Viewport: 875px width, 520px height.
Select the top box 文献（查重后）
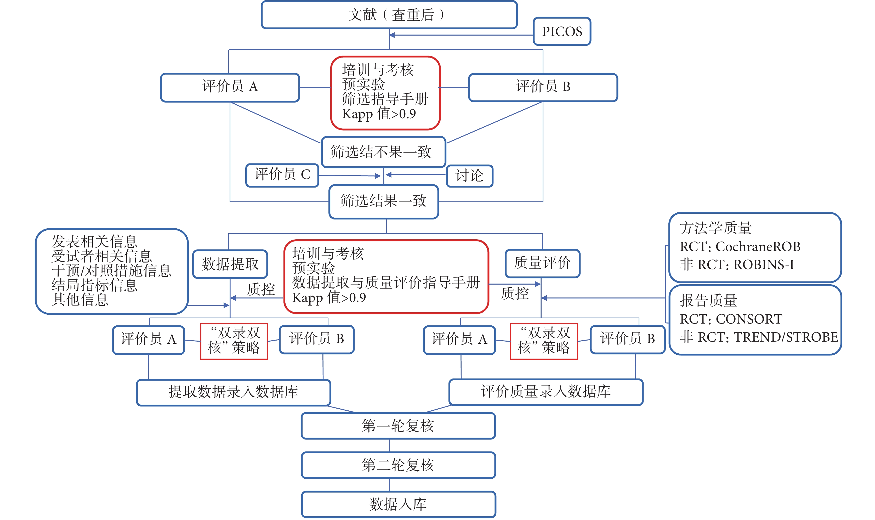pyautogui.click(x=389, y=15)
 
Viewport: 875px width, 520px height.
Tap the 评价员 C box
pyautogui.click(x=282, y=175)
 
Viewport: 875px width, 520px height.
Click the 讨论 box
pyautogui.click(x=469, y=176)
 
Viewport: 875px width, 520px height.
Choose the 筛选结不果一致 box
pyautogui.click(x=383, y=152)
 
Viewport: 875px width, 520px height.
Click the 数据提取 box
pyautogui.click(x=230, y=264)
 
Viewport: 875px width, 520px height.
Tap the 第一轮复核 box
pyautogui.click(x=398, y=426)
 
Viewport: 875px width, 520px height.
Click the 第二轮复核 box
pyautogui.click(x=398, y=465)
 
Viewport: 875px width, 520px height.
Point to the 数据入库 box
pyautogui.click(x=398, y=504)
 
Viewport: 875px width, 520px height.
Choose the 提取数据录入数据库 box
pyautogui.click(x=233, y=392)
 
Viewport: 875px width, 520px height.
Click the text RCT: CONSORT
pyautogui.click(x=731, y=319)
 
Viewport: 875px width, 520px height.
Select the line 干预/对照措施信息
pyautogui.click(x=111, y=270)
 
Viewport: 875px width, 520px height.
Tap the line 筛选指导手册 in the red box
pyautogui.click(x=385, y=99)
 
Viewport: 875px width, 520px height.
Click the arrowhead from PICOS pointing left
pyautogui.click(x=392, y=35)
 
